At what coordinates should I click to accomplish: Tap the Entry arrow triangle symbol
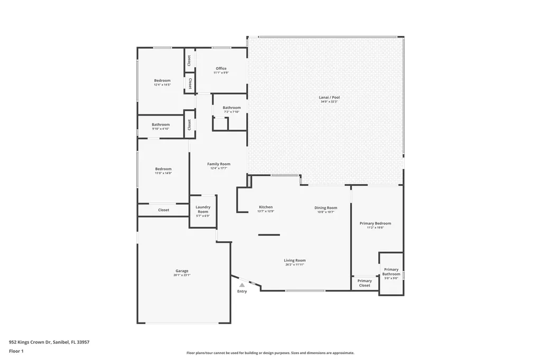click(242, 285)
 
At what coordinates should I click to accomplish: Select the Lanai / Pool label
click(329, 97)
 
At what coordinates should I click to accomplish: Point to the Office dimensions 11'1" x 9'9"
click(221, 73)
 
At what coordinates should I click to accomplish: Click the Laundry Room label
click(203, 209)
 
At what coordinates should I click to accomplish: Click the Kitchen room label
click(266, 207)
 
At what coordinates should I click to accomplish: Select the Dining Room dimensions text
click(326, 212)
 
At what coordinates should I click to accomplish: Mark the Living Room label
click(295, 260)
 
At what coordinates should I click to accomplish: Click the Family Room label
click(219, 164)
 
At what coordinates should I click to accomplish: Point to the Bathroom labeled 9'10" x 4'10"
click(161, 125)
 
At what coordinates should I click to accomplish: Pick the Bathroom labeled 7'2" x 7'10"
click(231, 108)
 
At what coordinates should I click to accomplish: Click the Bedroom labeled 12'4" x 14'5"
click(162, 80)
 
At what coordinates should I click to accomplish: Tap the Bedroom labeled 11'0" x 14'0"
click(163, 169)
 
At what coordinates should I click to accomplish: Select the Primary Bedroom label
click(375, 223)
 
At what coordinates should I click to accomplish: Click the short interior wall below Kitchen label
click(269, 234)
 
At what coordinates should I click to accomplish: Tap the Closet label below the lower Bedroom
click(164, 210)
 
